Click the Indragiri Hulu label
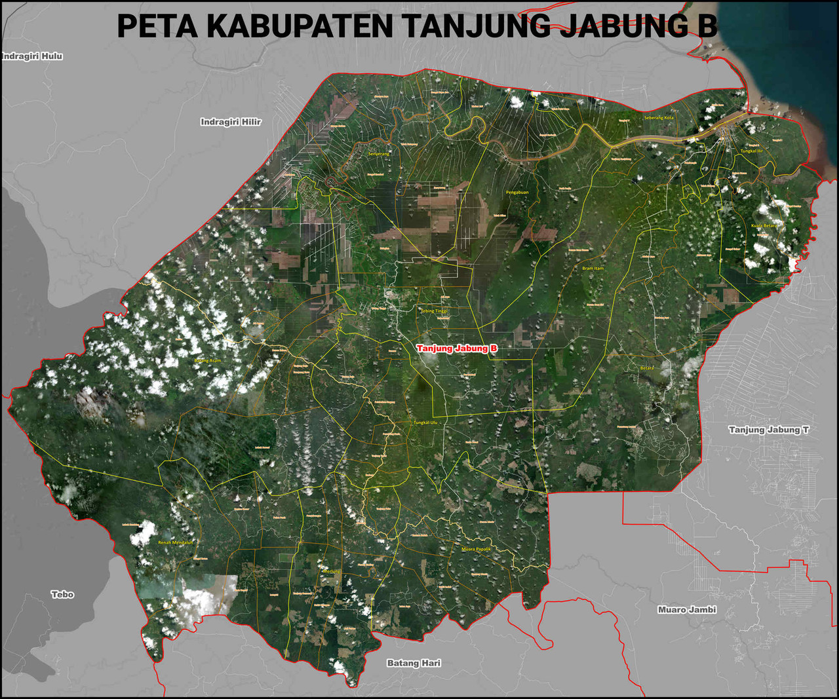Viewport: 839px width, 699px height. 32,56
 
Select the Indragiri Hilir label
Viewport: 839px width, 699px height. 231,122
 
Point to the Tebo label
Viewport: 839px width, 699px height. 63,594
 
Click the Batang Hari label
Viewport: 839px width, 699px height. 414,663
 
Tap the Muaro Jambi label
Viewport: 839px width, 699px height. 687,609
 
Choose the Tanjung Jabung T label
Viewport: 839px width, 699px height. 769,430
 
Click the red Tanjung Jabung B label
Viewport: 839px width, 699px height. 457,349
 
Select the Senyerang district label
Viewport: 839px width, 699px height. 379,154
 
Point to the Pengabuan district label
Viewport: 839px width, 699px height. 517,193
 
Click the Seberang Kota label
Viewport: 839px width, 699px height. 659,118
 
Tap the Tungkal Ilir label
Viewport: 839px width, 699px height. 752,151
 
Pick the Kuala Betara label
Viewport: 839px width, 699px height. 764,225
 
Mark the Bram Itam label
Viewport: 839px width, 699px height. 593,268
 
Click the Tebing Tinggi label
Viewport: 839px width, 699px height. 433,311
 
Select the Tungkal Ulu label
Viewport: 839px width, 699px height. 425,423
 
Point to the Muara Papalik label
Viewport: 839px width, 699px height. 477,549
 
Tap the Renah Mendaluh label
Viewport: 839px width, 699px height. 176,542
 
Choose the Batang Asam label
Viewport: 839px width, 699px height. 208,360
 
